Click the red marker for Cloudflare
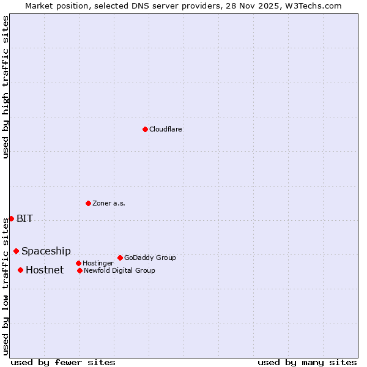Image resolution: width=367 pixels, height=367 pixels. [x=145, y=129]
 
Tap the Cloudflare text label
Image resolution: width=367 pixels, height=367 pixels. [x=165, y=129]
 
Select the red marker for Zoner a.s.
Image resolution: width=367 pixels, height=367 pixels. [x=88, y=203]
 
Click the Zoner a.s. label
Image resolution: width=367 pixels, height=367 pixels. [x=109, y=203]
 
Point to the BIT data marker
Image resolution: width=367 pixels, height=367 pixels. [x=11, y=218]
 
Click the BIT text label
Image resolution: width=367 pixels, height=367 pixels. [x=24, y=218]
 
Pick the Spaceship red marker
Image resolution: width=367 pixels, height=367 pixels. [x=16, y=251]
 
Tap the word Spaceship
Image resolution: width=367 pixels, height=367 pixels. [x=46, y=251]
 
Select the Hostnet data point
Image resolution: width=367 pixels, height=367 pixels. [x=20, y=270]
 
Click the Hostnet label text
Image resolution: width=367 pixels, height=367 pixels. [x=44, y=270]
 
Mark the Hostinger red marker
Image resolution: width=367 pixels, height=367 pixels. [x=78, y=263]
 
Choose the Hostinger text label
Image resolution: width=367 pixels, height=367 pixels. [x=98, y=263]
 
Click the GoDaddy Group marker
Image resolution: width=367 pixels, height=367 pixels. [x=120, y=258]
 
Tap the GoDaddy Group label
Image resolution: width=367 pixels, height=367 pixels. [x=150, y=258]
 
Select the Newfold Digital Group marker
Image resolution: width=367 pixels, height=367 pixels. [x=80, y=270]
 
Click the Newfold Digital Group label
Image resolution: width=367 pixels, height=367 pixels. [x=119, y=270]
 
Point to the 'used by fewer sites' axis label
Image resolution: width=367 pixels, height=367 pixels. [x=63, y=362]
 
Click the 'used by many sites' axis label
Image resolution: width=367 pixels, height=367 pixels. [x=307, y=362]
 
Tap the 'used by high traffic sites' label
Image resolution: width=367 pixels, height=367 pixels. [x=6, y=87]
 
